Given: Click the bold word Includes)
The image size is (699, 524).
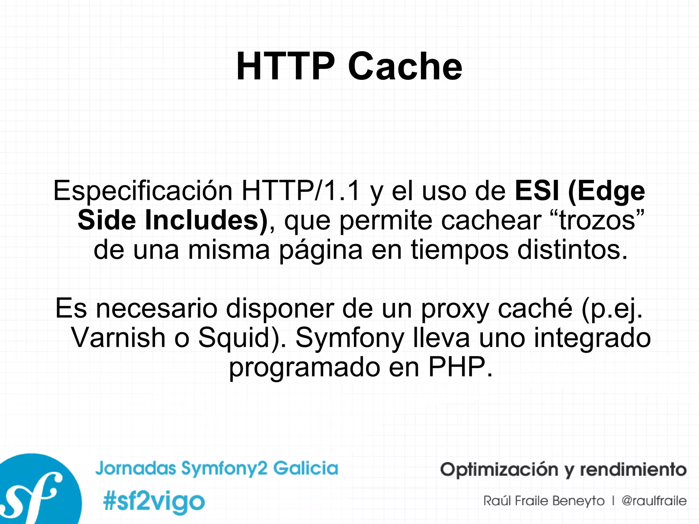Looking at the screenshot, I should (x=206, y=220).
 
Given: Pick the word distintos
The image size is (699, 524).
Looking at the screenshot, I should (x=572, y=250).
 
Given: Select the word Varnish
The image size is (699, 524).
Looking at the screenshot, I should (x=118, y=338).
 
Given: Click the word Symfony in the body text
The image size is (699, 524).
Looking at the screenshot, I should (x=349, y=338).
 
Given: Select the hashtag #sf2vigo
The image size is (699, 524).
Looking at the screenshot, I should (x=154, y=501).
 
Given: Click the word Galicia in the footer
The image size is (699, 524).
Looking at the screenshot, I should (x=306, y=468).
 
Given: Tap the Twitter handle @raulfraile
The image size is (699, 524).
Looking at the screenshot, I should (x=654, y=501).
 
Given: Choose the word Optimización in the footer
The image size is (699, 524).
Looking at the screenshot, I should (x=498, y=470).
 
